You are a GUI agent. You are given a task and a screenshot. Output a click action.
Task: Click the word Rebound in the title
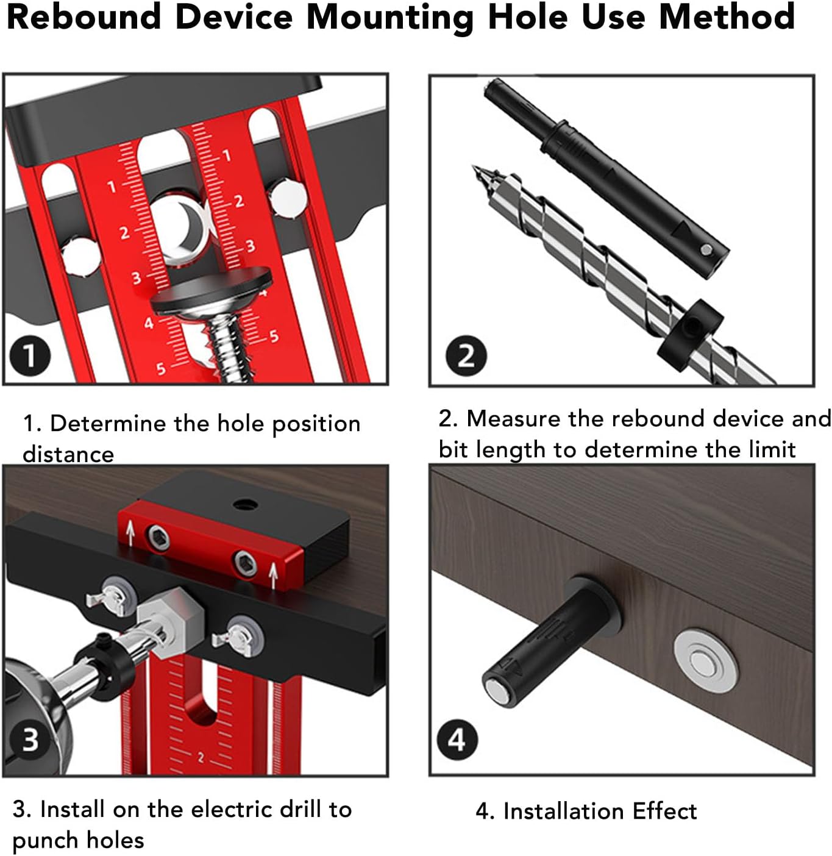tap(84, 17)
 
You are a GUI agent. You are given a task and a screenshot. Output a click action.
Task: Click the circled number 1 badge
tap(30, 355)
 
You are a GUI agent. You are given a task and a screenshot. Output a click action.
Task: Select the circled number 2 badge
tap(466, 355)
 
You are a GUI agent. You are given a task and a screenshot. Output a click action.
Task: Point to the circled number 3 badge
tap(30, 740)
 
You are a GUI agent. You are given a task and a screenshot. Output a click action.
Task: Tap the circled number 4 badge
tap(457, 740)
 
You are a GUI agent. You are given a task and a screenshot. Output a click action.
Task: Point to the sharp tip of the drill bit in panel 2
tap(475, 169)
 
